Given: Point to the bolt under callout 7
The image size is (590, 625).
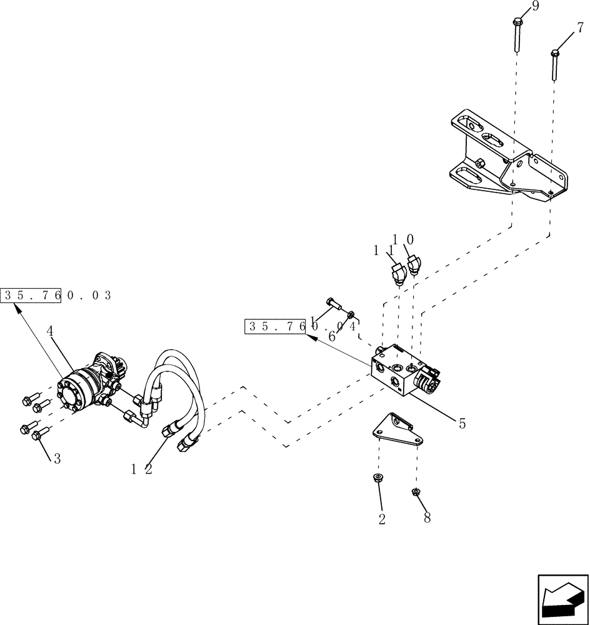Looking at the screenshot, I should (554, 65).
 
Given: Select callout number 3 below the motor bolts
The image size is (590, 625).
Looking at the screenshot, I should (57, 458).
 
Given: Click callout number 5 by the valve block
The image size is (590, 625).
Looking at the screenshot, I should (462, 423).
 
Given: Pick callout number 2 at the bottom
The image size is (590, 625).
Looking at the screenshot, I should (382, 519).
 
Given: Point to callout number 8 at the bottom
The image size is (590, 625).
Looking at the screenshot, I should (427, 518).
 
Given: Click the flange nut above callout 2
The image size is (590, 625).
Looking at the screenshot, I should (378, 478).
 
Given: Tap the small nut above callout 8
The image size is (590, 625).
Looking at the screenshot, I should (416, 492).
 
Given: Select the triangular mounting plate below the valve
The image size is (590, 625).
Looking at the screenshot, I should (398, 429).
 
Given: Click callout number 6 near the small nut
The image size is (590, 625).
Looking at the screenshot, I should (332, 336).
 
